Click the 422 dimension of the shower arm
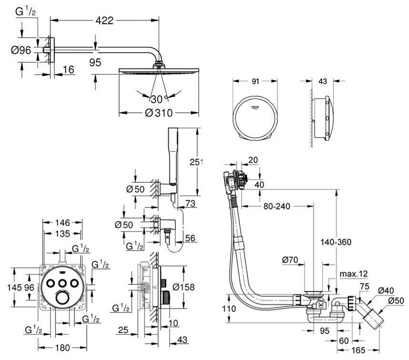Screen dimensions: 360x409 tap(105, 20)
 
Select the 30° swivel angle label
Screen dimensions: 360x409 tap(159, 100)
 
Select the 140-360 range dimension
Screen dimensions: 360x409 tap(337, 242)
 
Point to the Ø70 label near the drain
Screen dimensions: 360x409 tap(290, 260)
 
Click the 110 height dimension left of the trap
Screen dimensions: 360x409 tap(229, 309)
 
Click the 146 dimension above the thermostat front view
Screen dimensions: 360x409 tap(62, 222)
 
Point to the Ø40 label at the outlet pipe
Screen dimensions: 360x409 tap(386, 290)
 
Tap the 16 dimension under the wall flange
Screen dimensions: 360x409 tap(69, 70)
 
